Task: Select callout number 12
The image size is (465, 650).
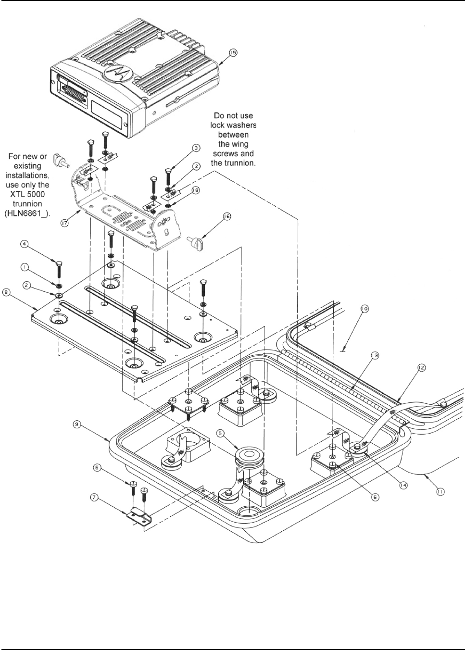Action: (422, 368)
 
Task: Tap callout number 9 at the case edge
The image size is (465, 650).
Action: (75, 424)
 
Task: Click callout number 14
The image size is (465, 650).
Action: (403, 486)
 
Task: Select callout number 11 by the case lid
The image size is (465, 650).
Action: (440, 491)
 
